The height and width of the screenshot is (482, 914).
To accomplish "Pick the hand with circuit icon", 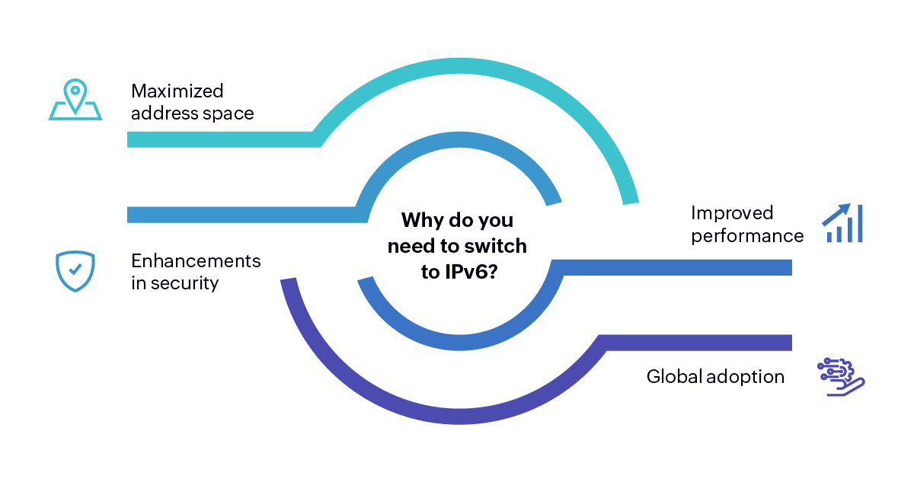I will click(x=841, y=375).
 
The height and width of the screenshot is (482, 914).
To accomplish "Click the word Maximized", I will click(x=177, y=91).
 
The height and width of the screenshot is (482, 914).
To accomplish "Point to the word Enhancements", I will click(x=196, y=261).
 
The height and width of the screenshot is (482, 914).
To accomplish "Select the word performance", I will click(x=747, y=236).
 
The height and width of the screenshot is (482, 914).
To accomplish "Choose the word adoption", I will click(x=747, y=377).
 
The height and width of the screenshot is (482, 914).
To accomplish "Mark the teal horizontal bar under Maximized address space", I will click(x=221, y=139).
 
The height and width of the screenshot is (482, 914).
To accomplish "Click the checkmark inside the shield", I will click(x=75, y=269).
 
